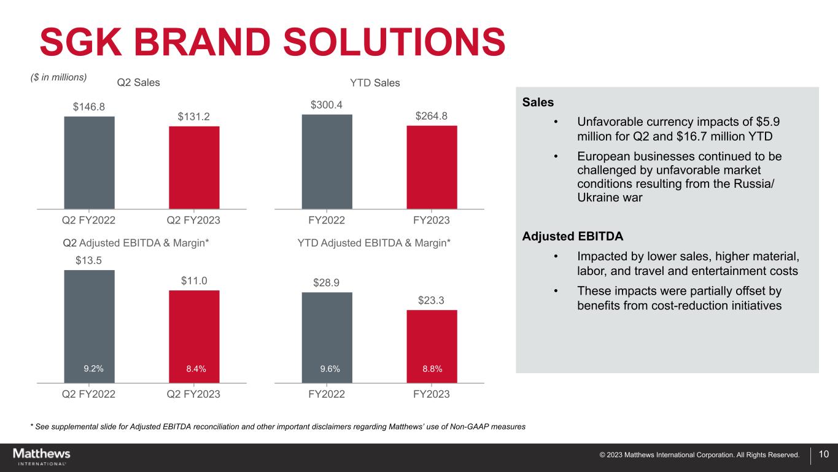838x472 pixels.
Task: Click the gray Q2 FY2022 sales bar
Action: tap(90, 163)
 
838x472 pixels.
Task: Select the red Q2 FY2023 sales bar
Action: tap(194, 168)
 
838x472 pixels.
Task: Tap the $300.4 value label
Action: tap(327, 105)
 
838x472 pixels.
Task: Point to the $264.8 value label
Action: tap(432, 116)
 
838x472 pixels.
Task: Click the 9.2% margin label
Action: tap(93, 369)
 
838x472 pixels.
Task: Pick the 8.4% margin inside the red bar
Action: tap(196, 369)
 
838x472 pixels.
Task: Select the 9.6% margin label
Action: tap(330, 369)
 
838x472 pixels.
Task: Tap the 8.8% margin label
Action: tap(432, 369)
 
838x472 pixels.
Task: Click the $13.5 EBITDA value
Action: tap(88, 260)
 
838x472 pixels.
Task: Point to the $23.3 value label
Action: tap(431, 300)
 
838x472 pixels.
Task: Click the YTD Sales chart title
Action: tap(375, 83)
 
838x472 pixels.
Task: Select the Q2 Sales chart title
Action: tap(138, 82)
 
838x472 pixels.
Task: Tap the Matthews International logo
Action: tap(42, 457)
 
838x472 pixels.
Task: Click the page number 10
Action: tap(824, 454)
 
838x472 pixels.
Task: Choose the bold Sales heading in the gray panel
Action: tap(538, 102)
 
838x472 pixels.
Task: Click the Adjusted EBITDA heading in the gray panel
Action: tap(573, 236)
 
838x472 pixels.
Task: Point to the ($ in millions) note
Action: tap(59, 77)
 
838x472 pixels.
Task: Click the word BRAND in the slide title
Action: tap(201, 42)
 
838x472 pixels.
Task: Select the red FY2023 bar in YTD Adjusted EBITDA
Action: tap(432, 346)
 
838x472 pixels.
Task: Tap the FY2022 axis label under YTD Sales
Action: tap(327, 220)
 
